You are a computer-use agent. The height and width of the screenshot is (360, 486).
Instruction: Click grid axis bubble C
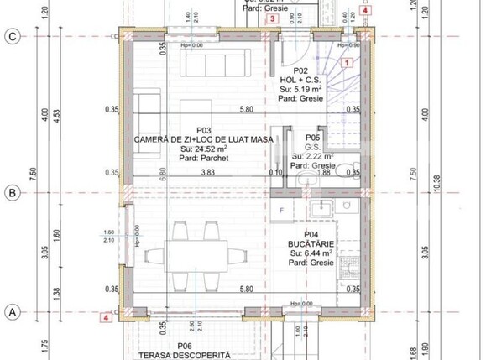pyautogui.click(x=12, y=36)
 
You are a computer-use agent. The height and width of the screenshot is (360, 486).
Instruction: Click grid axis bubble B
pyautogui.click(x=12, y=193)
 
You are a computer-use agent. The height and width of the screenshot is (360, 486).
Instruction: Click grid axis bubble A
pyautogui.click(x=12, y=311)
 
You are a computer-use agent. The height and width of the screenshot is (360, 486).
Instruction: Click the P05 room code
pyautogui.click(x=312, y=137)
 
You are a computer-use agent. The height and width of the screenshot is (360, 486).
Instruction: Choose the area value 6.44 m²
pyautogui.click(x=312, y=252)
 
